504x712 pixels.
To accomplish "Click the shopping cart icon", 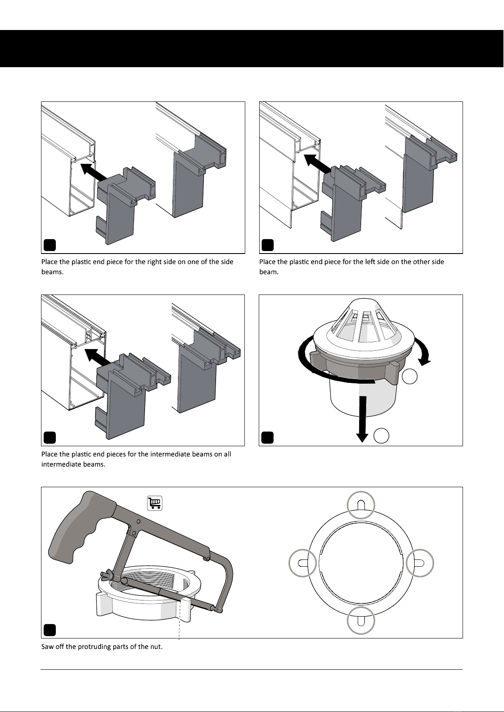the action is click(x=154, y=503).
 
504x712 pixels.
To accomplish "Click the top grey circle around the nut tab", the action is click(x=361, y=505).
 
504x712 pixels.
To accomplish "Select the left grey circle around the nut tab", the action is click(x=303, y=563).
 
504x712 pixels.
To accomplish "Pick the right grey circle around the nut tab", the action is click(x=420, y=563).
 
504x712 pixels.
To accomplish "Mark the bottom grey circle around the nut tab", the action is click(x=361, y=620).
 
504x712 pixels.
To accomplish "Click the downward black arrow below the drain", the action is click(x=362, y=419).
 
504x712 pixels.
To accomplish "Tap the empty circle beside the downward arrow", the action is click(x=381, y=436).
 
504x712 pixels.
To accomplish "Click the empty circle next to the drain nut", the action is click(x=410, y=376).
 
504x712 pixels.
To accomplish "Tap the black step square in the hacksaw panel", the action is click(x=49, y=630).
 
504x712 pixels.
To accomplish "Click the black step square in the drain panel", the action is click(x=267, y=438).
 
